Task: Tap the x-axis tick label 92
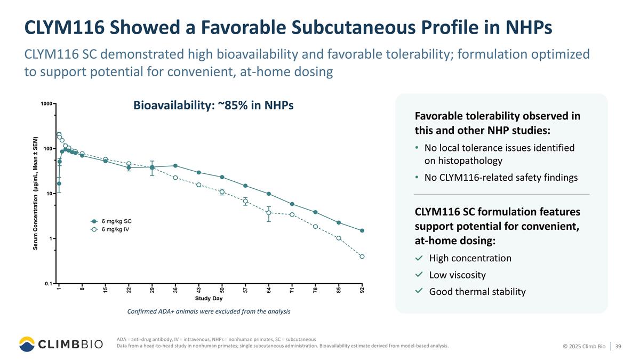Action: (362, 290)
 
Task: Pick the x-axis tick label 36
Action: (175, 290)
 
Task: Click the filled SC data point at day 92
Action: (362, 231)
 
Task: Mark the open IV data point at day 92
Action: (362, 257)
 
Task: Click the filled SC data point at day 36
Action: (175, 166)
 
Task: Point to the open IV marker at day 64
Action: (269, 213)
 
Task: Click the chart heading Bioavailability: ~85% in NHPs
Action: (213, 106)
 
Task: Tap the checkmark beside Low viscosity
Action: (419, 275)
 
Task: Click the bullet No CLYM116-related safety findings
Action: (500, 178)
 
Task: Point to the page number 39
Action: (618, 347)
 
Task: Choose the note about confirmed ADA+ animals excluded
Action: (209, 311)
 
